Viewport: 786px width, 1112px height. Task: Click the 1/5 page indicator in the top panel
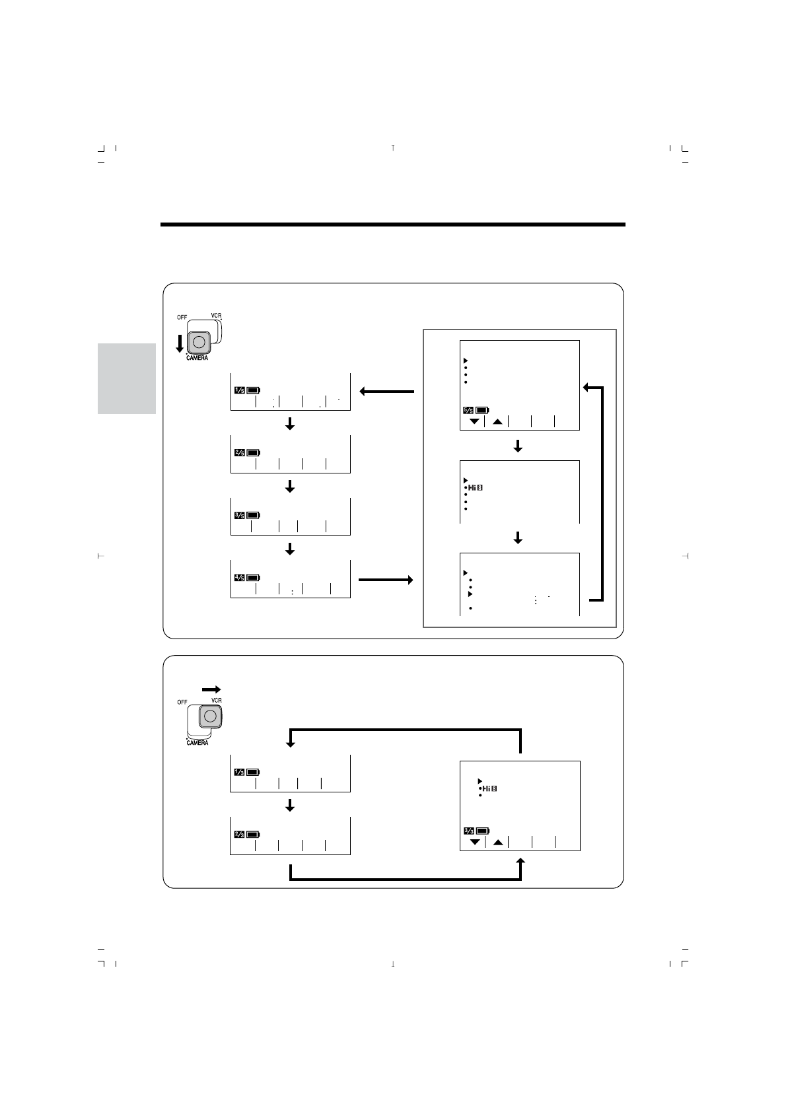pos(239,390)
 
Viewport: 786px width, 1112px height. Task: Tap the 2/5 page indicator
pos(239,452)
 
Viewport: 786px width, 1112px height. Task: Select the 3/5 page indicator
pos(239,515)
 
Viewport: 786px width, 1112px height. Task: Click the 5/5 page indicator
pos(468,410)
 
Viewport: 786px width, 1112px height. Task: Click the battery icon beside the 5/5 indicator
pos(483,410)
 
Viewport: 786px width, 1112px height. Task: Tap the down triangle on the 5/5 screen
pos(474,421)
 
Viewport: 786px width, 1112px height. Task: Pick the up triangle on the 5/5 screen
pos(497,421)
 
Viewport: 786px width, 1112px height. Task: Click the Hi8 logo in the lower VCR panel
pos(489,788)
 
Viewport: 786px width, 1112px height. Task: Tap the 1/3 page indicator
pos(239,772)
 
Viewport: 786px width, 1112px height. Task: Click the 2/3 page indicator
pos(239,835)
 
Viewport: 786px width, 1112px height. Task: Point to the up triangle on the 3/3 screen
pos(498,842)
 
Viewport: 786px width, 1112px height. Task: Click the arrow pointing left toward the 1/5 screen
pos(387,392)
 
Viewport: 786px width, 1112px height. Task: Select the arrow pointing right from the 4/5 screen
pos(386,580)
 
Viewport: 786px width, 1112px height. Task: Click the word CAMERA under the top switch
pos(196,358)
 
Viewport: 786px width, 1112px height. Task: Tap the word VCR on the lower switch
pos(216,701)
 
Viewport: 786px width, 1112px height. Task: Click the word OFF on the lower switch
pos(182,702)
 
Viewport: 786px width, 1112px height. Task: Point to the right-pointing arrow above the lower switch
pos(211,688)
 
